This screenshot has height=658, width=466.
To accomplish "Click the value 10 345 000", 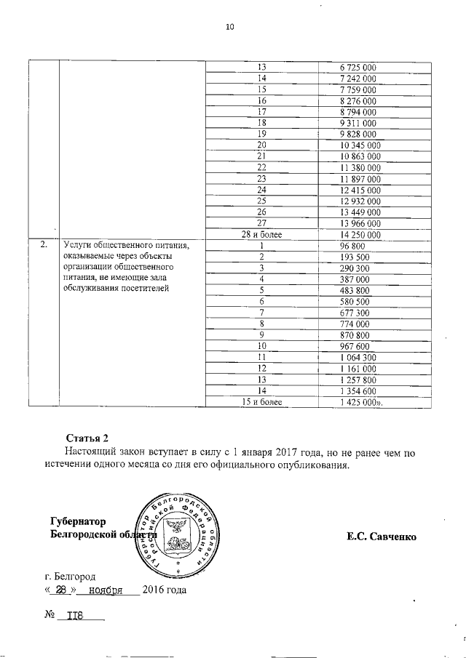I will pyautogui.click(x=361, y=145).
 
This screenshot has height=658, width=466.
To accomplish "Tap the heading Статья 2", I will pyautogui.click(x=87, y=437).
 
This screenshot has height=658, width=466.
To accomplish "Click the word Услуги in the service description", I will pyautogui.click(x=79, y=246).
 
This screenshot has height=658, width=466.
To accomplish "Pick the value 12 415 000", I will pyautogui.click(x=361, y=190).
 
